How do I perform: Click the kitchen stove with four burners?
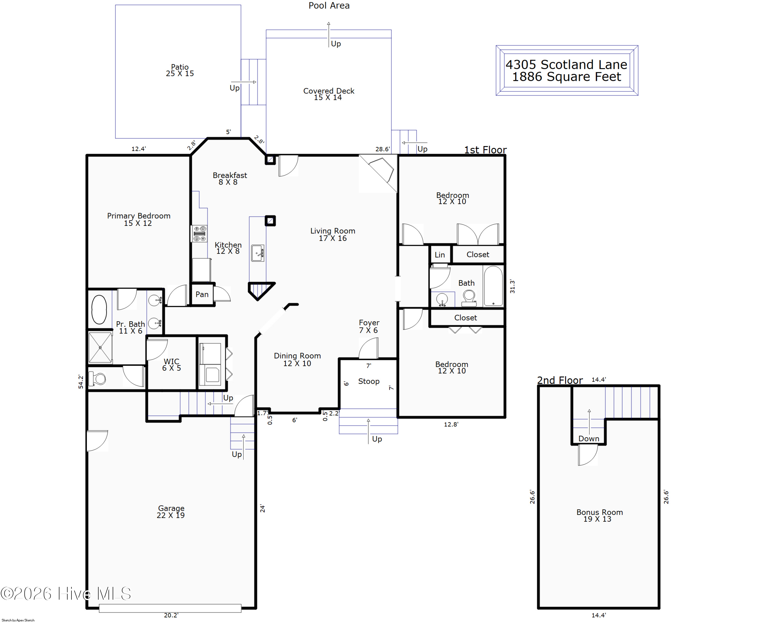coord(199,234)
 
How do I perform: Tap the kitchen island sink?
coord(258,253)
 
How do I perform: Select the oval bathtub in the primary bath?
coord(99,310)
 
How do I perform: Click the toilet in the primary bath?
coord(97,379)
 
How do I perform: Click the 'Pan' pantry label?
coord(202,294)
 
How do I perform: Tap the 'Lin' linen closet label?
coord(440,255)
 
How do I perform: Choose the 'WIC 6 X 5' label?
coord(172,364)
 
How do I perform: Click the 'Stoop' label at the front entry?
coord(369,382)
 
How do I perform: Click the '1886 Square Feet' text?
coord(567,77)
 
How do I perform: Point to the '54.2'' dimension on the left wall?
coord(81,382)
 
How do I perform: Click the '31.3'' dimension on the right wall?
coord(512,286)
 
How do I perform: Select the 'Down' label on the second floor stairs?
coord(589,439)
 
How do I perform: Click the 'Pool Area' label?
coord(329,5)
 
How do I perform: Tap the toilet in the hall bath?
coord(469,298)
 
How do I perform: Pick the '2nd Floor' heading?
coord(560,381)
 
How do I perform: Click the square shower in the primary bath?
coord(100,347)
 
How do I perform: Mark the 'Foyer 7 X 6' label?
coord(369,326)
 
